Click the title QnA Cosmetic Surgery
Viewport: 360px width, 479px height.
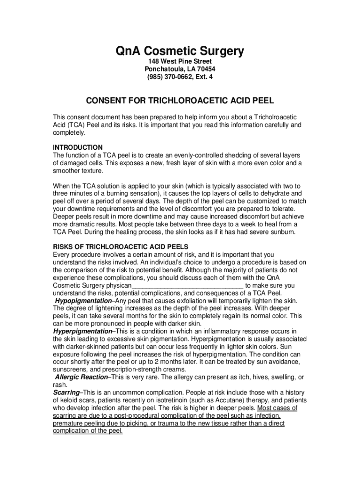180,51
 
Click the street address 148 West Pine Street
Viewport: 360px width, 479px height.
180,62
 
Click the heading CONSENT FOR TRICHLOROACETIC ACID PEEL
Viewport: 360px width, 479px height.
180,101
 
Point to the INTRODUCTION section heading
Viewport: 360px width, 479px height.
78,147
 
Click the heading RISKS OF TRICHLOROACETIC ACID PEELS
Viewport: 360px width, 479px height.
121,247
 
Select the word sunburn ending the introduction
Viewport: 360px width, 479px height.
281,232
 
